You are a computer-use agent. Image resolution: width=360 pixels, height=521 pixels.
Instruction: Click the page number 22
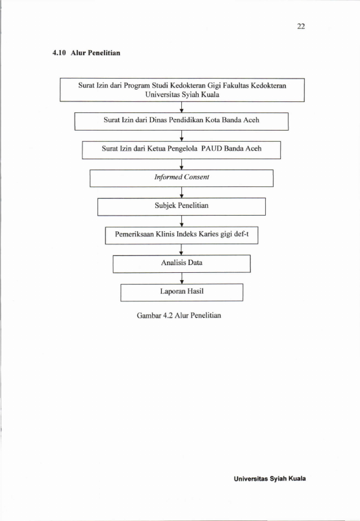coord(301,26)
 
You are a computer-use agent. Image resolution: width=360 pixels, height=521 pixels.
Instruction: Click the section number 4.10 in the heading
coord(59,53)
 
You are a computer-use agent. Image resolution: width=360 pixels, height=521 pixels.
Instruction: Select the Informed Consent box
coord(181,179)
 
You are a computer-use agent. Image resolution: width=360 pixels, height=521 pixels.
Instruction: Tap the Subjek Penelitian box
coord(181,207)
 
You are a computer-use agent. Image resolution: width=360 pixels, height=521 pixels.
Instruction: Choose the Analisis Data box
coord(181,264)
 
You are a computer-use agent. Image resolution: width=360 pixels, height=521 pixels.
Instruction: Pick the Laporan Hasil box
coord(181,292)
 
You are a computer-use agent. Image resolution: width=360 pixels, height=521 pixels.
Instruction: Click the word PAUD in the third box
coord(211,149)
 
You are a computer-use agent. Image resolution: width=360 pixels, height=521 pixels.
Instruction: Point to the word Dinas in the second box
coord(157,120)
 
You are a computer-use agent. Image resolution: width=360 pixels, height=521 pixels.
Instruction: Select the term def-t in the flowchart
coord(241,234)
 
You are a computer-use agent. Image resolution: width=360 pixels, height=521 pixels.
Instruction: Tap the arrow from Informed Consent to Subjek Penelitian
coord(181,193)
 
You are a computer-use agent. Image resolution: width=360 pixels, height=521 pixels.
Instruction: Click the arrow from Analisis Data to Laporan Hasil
coord(181,279)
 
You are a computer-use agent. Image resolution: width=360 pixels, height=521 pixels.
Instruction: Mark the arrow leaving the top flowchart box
coord(181,107)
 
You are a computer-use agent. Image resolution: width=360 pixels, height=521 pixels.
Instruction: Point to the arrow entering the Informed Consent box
coord(181,164)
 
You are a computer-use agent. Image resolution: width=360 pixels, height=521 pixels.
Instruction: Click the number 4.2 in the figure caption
coord(168,315)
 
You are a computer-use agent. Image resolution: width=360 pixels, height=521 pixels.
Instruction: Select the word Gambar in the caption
coord(149,315)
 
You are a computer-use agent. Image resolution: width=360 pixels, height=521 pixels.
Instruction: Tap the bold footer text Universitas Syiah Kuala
coord(270,479)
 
